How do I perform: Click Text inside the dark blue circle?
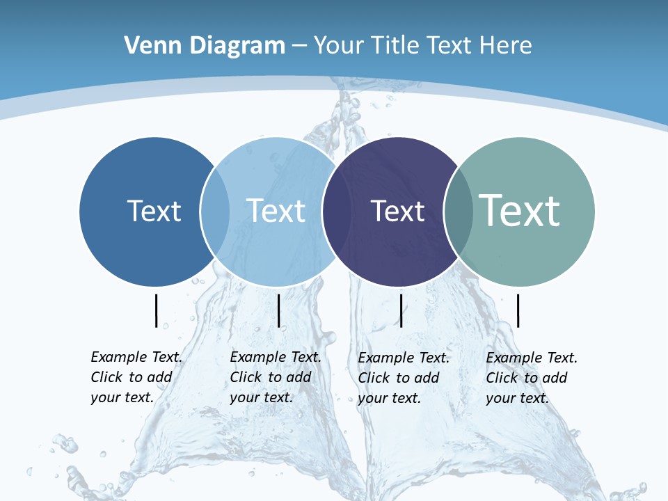coord(154,211)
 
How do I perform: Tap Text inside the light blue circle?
coord(276,211)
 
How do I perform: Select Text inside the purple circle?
coord(397,211)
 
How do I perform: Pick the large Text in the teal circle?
coord(520,210)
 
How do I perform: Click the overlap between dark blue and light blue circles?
coord(215,212)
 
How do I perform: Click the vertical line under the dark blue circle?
coord(157,310)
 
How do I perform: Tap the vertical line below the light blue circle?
coord(278,310)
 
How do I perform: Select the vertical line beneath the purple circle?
coord(401,310)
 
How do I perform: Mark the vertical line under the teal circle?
coord(518,310)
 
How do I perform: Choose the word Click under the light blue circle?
coord(246,377)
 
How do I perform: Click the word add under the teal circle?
coord(555,378)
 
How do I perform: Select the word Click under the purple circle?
coord(374,378)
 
